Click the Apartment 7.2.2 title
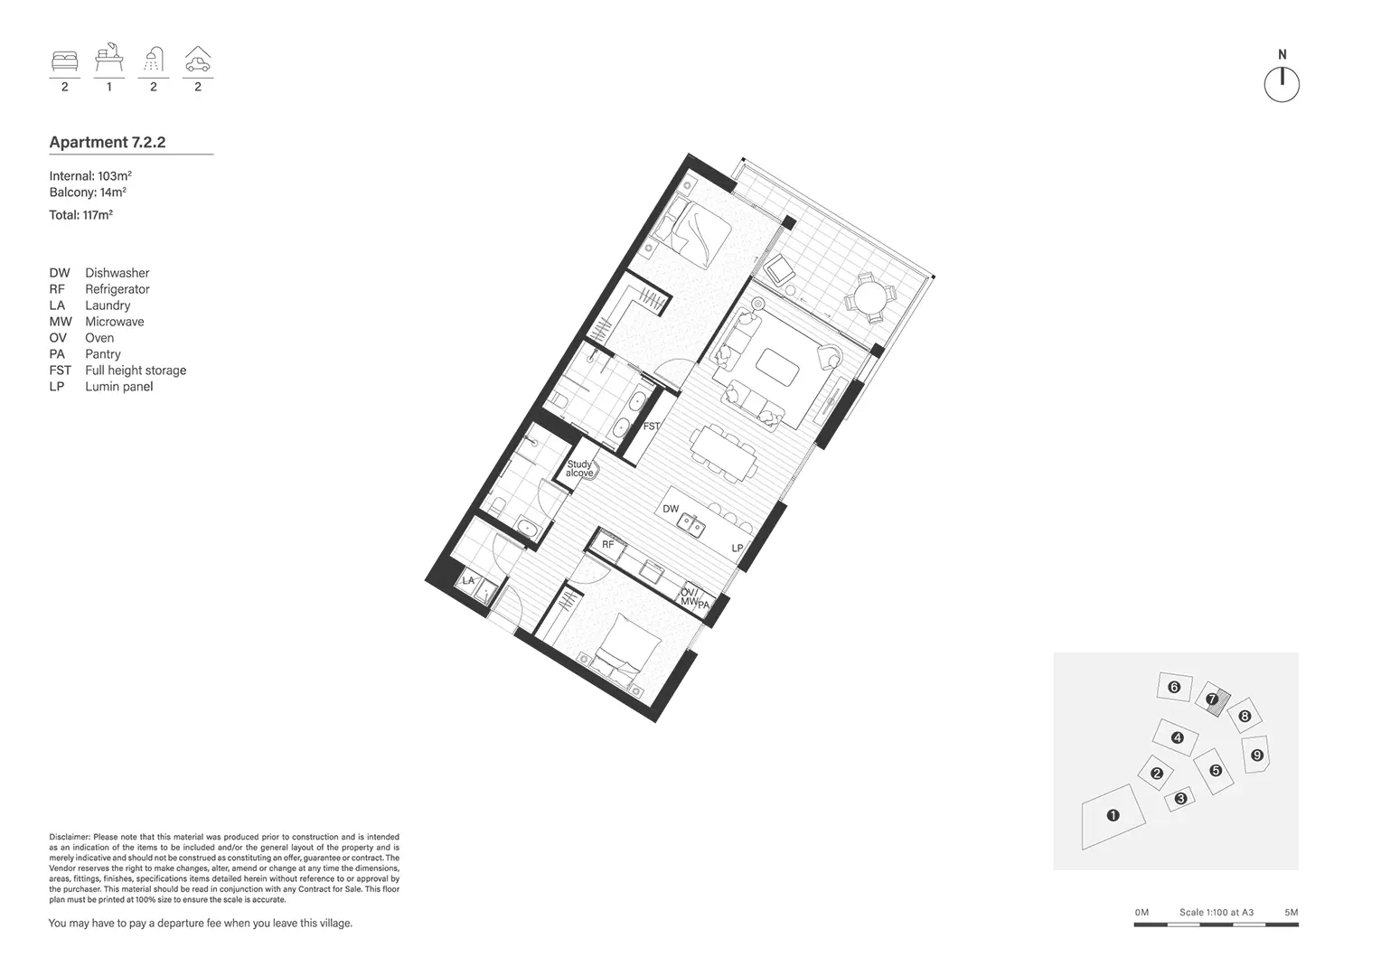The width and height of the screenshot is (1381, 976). click(108, 142)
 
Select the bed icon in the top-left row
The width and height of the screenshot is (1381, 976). click(64, 61)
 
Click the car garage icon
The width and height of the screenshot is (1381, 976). click(197, 60)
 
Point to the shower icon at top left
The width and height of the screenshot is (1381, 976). click(154, 60)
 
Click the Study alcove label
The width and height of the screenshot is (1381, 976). click(579, 469)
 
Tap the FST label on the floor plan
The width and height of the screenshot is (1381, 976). click(651, 426)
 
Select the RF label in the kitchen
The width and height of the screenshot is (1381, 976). click(608, 545)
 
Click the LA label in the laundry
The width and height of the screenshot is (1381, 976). click(468, 580)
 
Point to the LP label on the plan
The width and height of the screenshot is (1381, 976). click(737, 549)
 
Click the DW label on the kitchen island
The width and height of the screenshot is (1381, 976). click(671, 509)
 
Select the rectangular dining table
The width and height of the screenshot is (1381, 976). click(724, 452)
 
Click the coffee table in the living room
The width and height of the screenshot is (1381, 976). click(777, 367)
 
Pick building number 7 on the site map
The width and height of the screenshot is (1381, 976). click(1211, 699)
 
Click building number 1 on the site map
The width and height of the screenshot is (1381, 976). click(1113, 815)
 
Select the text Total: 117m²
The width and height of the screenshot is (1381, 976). click(80, 215)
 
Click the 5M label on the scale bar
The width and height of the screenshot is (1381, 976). click(1290, 913)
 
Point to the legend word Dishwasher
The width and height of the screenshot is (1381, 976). click(117, 273)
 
